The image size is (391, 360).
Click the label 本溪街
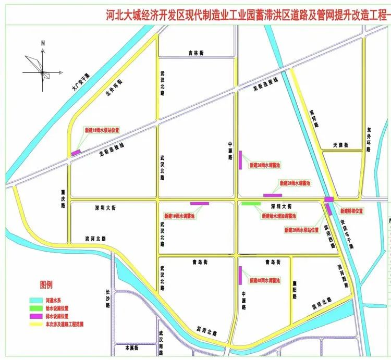[x=127, y=346]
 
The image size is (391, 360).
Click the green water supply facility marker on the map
[x=251, y=203]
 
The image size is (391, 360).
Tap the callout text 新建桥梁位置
[x=352, y=211]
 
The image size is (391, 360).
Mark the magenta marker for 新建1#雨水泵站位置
[x=76, y=152]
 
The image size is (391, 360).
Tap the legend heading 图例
[x=47, y=285]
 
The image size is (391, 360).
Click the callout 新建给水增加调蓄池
[x=278, y=216]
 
